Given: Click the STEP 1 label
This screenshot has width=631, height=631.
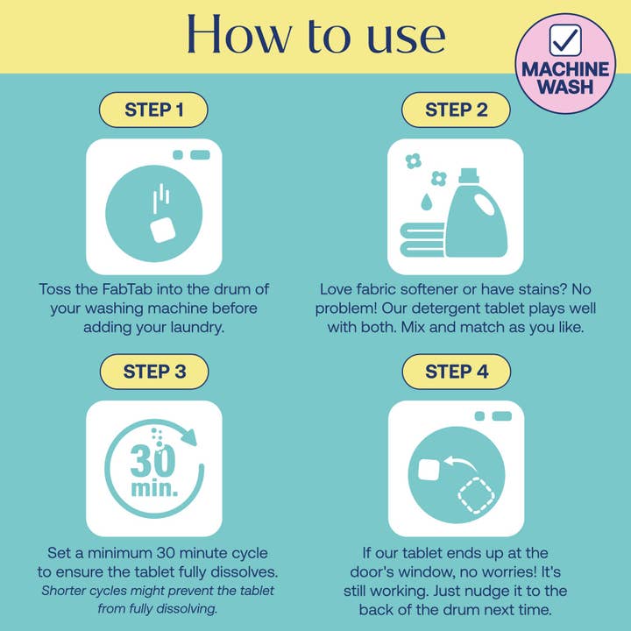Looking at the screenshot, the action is [x=153, y=110].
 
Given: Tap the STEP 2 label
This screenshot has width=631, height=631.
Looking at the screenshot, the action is [x=456, y=110].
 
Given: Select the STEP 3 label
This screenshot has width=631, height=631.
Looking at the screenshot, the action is [x=154, y=372].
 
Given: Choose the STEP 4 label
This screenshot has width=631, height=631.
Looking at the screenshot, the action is [x=457, y=372].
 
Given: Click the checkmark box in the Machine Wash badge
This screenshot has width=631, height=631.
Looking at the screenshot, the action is [x=565, y=40].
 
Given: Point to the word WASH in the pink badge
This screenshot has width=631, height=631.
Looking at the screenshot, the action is [x=565, y=87].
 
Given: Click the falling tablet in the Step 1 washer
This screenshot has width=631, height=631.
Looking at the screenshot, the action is [x=163, y=230].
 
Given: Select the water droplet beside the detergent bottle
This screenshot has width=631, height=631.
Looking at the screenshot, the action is [x=426, y=202].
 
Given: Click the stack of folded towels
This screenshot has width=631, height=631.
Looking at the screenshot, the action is [x=422, y=240].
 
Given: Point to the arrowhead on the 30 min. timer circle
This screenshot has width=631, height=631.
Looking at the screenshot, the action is [x=188, y=436].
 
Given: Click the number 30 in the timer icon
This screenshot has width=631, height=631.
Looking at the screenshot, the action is [x=152, y=461].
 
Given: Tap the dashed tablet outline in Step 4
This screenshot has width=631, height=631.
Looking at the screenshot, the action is [x=477, y=495].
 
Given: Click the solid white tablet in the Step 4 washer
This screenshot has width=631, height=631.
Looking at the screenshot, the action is [x=429, y=469].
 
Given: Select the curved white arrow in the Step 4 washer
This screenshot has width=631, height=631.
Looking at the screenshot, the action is [x=460, y=463].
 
